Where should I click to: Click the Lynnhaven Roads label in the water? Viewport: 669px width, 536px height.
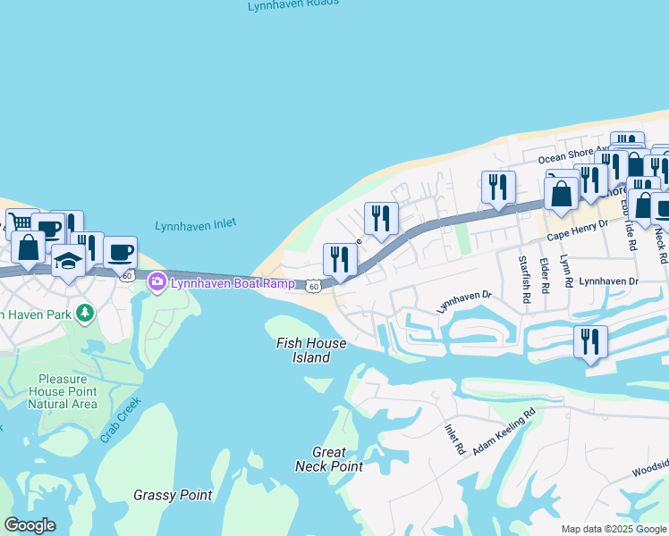[294, 4]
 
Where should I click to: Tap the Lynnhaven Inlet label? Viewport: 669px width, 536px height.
[195, 226]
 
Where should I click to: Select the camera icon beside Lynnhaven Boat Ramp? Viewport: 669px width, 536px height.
[157, 282]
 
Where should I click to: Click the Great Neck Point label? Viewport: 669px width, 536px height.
[329, 459]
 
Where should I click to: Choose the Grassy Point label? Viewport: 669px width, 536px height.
[173, 495]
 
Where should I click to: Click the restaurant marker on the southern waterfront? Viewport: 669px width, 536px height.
[590, 342]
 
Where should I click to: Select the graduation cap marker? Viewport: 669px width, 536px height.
[67, 263]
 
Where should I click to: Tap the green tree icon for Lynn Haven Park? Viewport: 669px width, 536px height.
[85, 313]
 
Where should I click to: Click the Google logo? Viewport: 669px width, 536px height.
[29, 525]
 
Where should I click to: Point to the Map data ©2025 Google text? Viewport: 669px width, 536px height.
[613, 529]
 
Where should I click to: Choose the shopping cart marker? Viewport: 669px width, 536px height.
[20, 223]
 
